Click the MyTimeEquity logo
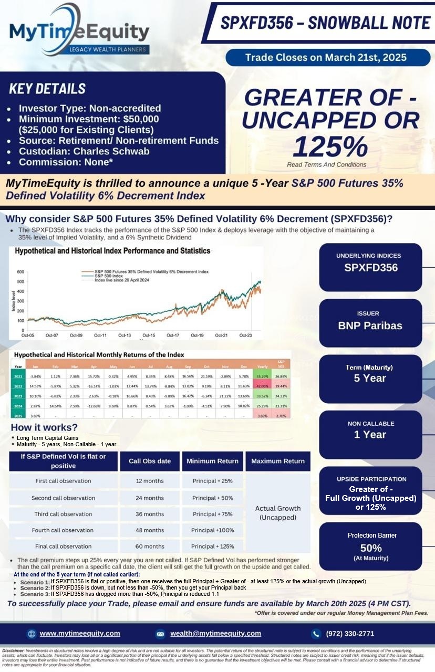(79, 31)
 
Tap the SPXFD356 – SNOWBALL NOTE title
(325, 23)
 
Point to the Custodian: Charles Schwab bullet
(84, 151)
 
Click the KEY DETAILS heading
(47, 89)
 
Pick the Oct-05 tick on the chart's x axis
(28, 335)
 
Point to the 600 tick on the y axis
(20, 271)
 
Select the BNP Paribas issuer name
(370, 325)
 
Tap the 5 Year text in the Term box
(370, 379)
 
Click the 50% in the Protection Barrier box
(370, 548)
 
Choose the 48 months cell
(150, 530)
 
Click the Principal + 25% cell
(212, 481)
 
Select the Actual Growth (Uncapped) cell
(277, 513)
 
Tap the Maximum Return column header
(277, 461)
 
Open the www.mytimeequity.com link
(80, 633)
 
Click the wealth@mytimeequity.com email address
(215, 633)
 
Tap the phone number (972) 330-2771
(350, 633)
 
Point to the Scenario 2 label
(35, 588)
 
